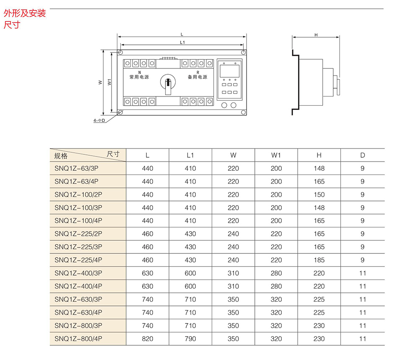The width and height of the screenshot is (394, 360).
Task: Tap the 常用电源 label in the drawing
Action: [139, 77]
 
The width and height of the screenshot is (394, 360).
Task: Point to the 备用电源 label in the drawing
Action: [197, 77]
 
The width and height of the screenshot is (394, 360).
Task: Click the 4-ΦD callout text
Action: [99, 120]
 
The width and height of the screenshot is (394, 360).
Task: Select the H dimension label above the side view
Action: [316, 35]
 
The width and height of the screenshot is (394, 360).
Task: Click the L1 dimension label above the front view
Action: [183, 42]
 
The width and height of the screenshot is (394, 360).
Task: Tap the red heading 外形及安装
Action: [25, 14]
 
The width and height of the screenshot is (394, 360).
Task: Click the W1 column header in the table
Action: [276, 155]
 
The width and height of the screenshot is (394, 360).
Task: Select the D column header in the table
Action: [363, 155]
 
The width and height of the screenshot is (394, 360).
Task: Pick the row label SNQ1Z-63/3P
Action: [78, 169]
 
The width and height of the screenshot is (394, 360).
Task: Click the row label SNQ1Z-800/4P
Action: [78, 339]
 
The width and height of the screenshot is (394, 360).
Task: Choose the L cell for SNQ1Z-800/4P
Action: [148, 339]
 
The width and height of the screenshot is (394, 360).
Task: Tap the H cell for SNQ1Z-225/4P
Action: [319, 260]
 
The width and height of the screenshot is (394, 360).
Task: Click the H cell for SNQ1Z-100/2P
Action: [319, 195]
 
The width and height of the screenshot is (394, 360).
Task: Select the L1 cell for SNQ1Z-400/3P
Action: [190, 273]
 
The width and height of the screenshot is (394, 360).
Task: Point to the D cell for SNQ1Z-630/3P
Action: [363, 300]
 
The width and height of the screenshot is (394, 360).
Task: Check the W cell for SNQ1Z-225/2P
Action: [233, 234]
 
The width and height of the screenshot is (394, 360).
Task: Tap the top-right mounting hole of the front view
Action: [243, 52]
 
